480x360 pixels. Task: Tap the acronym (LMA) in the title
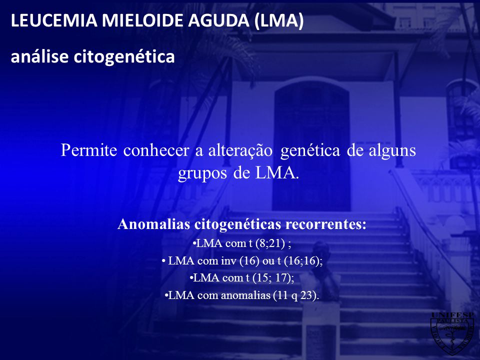point(278,21)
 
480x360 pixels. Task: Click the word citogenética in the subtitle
point(124,56)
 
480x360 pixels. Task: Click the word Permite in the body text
point(89,150)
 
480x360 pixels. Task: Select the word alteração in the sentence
point(240,151)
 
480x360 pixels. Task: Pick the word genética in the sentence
point(310,151)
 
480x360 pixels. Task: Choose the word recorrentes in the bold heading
point(326,224)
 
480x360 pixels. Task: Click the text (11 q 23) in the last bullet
point(296,295)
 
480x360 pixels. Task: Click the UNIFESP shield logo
point(452,333)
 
